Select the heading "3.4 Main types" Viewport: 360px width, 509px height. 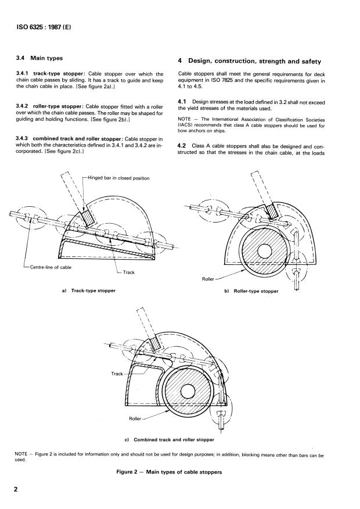[x=39, y=58]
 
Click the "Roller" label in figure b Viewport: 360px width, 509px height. [x=208, y=279]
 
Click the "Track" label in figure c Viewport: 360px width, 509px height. [x=117, y=374]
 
